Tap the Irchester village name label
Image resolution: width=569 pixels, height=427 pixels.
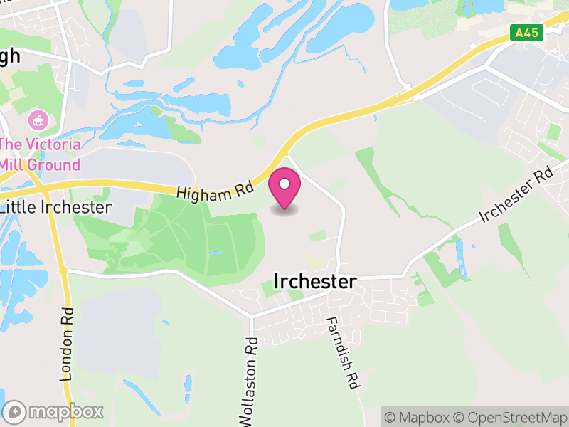coord(314,282)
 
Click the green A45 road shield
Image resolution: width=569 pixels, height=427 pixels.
coord(527,32)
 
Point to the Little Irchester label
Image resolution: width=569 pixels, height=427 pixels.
coord(56,207)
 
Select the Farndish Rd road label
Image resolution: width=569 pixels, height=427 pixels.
coord(340,353)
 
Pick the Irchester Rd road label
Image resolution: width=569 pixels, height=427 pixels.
coord(516,195)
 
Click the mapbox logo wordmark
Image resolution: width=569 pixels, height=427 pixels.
coord(65,411)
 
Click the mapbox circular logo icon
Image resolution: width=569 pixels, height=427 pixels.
coord(15,411)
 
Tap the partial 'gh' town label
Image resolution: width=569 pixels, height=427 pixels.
coord(10,58)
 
